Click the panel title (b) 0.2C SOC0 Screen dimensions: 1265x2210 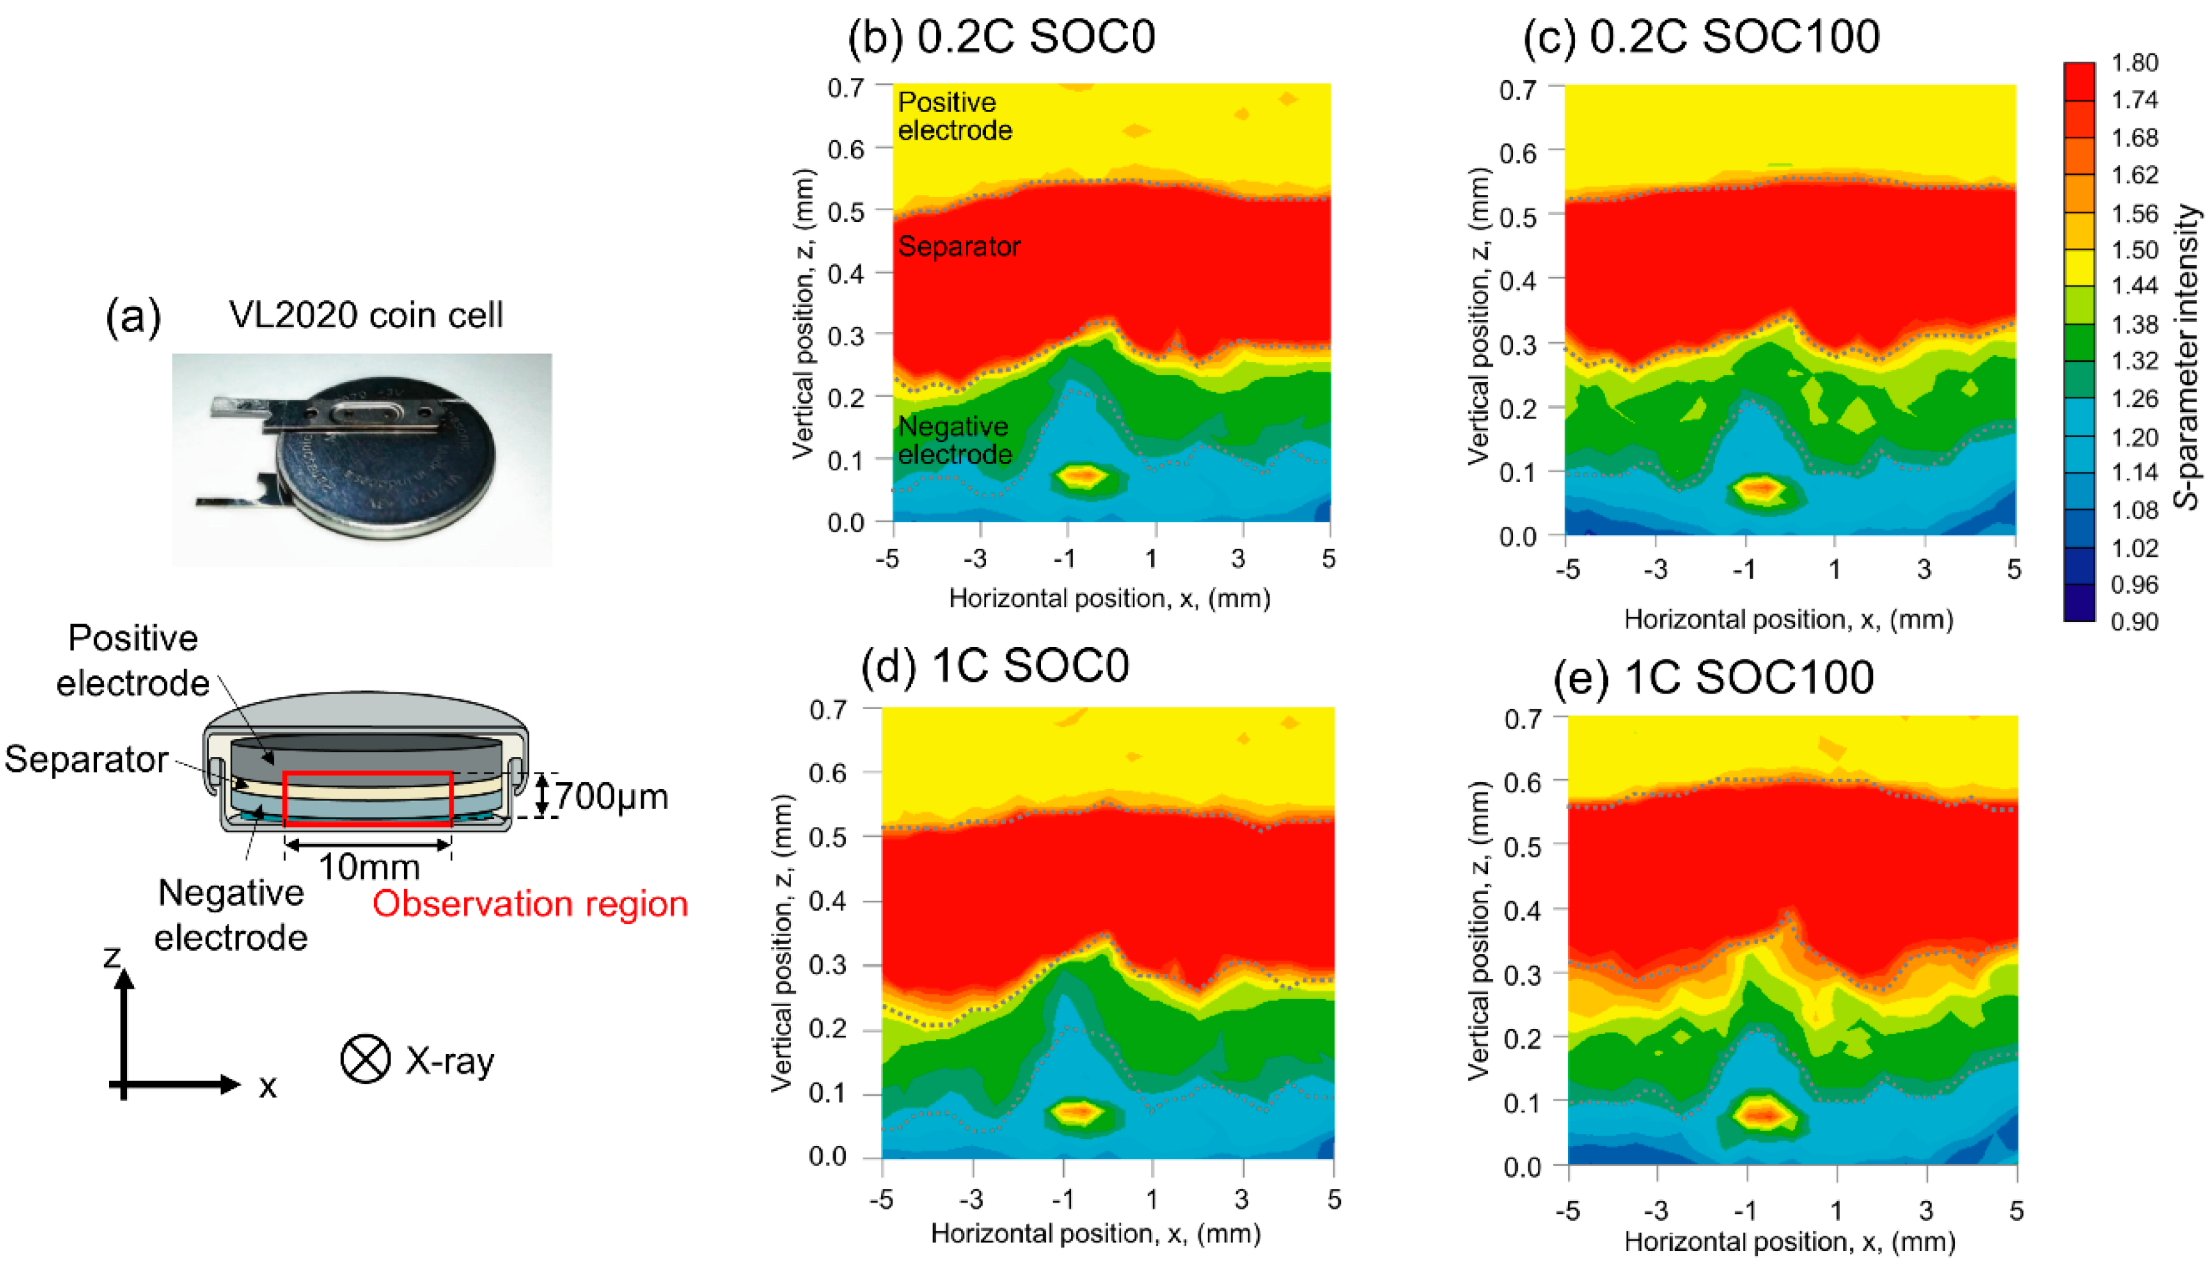[1001, 37]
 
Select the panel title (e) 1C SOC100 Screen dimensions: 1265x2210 [1713, 677]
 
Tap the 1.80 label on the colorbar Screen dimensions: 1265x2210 [2134, 62]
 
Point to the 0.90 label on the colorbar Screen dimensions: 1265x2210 [2134, 622]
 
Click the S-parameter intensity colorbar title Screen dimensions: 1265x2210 [2187, 356]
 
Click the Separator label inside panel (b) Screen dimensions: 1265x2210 [959, 247]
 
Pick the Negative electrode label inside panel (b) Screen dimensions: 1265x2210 [954, 441]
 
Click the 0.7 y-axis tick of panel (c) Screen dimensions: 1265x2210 [1517, 89]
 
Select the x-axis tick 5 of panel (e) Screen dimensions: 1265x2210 [2016, 1210]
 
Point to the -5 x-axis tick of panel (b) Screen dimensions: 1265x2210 [887, 559]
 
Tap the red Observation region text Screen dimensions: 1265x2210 [530, 904]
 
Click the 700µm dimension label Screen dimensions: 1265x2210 [611, 797]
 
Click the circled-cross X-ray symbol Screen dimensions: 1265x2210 [365, 1059]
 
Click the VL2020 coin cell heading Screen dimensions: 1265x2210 [366, 315]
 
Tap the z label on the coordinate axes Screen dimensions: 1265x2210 [112, 956]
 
